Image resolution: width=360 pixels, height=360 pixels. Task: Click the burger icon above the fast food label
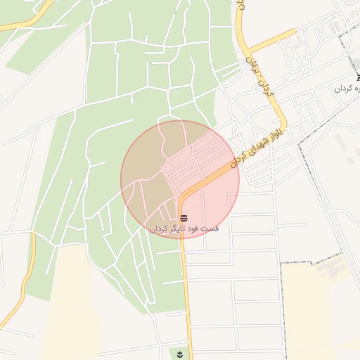coord(184,217)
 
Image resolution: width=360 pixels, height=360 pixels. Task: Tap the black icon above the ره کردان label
coord(357,78)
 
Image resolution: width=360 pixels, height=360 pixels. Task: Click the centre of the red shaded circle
coord(180,179)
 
